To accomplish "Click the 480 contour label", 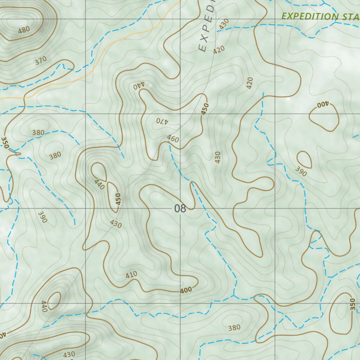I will tap(24, 30).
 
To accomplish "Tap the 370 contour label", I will tap(41, 61).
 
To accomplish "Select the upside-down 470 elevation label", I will tap(163, 121).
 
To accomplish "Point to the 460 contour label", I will tap(173, 139).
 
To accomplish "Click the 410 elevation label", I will tap(131, 275).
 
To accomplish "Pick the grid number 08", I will tap(180, 208).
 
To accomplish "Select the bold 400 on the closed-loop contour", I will tap(322, 104).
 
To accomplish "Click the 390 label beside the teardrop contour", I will tap(301, 172).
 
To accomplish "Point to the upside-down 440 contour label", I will tap(139, 85).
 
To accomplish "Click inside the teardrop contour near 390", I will tap(304, 160).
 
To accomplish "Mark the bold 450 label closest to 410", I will tap(118, 199).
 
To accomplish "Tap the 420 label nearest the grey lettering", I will tap(219, 50).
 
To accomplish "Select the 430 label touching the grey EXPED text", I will tap(224, 24).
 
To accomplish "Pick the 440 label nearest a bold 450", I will tap(99, 184).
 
